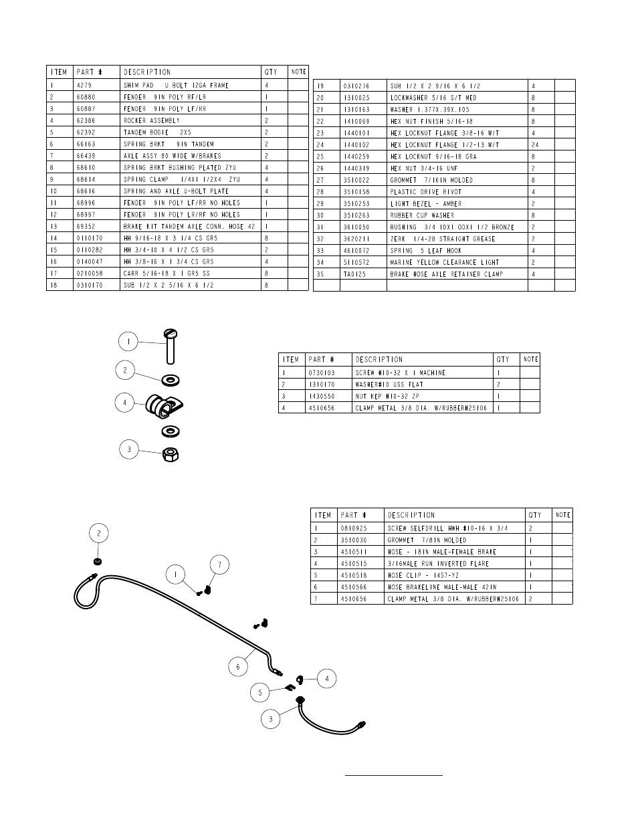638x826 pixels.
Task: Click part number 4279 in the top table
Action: click(84, 86)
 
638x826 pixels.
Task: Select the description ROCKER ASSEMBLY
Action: click(152, 121)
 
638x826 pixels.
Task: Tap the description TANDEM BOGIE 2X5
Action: click(157, 132)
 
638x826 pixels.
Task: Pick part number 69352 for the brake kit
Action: click(87, 227)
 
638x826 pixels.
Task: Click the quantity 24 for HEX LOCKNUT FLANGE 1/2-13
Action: click(535, 145)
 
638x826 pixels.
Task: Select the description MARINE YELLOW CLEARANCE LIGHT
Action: click(445, 263)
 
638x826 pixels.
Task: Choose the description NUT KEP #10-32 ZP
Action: click(387, 396)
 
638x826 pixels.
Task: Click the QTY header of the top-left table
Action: click(271, 72)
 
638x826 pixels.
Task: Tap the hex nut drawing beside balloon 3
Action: click(171, 454)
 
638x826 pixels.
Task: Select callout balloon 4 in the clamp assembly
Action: click(124, 403)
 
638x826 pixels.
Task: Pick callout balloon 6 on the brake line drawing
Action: click(238, 667)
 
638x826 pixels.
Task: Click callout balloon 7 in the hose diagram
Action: click(219, 565)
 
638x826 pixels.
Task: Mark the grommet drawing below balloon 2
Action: click(98, 560)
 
